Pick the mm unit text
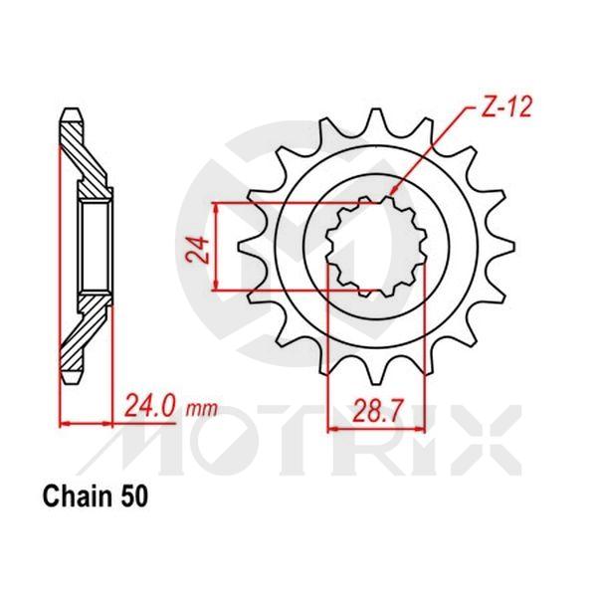(x=203, y=409)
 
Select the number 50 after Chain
(x=134, y=495)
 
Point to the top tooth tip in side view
(x=73, y=112)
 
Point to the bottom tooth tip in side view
(x=73, y=380)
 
